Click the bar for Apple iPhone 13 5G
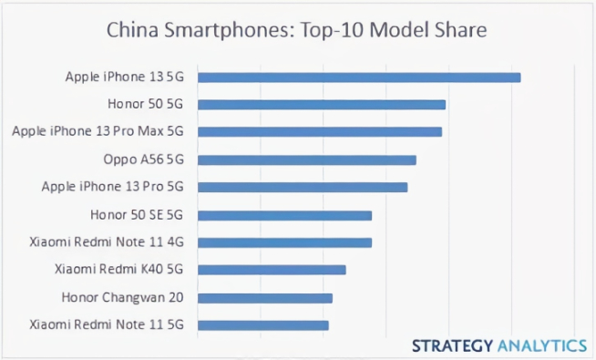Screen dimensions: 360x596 359,77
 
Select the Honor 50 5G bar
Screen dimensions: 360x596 322,105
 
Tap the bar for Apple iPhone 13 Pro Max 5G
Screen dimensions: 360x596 320,132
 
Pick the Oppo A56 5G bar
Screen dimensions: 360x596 307,160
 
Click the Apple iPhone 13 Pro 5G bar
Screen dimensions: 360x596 303,188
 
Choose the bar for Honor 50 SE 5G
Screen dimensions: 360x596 284,216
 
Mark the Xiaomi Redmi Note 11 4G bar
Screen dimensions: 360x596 284,242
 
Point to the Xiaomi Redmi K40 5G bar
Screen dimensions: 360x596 272,270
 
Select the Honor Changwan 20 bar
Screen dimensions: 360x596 265,298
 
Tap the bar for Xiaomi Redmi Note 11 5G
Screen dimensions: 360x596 263,325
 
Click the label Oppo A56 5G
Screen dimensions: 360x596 143,159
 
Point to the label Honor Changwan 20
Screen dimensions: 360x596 123,297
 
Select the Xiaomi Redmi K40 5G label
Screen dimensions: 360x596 119,270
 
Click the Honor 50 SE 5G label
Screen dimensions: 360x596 137,215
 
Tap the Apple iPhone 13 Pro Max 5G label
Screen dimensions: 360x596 98,132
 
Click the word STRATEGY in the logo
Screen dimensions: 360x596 452,345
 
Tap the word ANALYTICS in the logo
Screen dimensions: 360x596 542,345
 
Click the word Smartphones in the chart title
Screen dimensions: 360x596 216,30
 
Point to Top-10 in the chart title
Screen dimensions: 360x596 331,30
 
